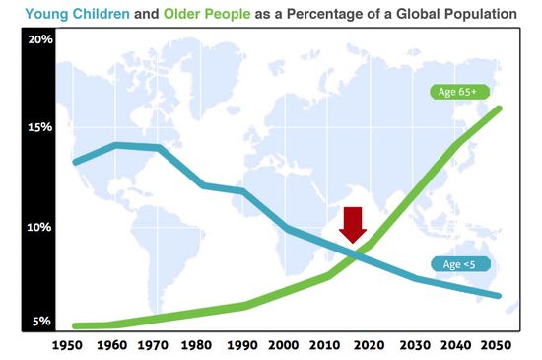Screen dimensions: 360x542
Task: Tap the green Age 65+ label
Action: pyautogui.click(x=456, y=92)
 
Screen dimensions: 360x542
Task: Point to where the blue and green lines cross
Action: pyautogui.click(x=361, y=254)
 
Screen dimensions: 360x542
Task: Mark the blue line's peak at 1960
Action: pyautogui.click(x=115, y=145)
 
